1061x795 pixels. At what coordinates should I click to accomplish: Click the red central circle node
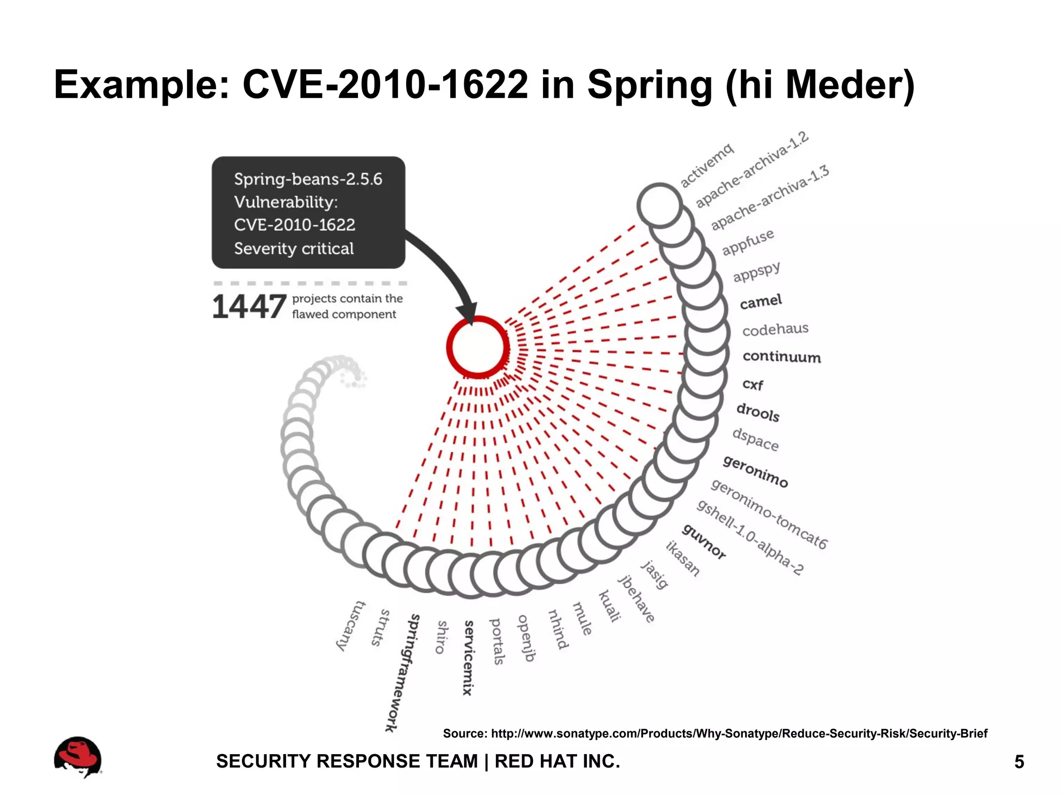(x=478, y=346)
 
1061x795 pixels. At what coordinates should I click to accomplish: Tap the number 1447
(x=249, y=307)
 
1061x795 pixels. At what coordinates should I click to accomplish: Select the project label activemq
(x=707, y=165)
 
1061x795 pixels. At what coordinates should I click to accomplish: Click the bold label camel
(x=761, y=301)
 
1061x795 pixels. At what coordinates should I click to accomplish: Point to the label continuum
(x=781, y=357)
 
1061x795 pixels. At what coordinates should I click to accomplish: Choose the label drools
(x=758, y=412)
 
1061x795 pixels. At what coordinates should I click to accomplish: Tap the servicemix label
(x=468, y=658)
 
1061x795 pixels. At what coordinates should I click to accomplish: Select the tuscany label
(x=351, y=626)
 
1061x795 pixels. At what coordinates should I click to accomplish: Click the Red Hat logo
(x=78, y=757)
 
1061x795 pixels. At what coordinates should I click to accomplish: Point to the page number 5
(x=1019, y=762)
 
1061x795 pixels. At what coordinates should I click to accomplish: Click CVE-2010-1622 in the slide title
(x=385, y=84)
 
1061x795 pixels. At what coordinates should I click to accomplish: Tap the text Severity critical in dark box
(x=294, y=249)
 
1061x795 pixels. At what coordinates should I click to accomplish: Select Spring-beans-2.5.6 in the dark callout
(x=308, y=179)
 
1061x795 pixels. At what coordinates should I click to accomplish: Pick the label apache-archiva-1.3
(x=770, y=198)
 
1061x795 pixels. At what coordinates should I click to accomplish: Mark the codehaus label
(x=775, y=329)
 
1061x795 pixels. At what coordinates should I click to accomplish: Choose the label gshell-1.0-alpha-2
(x=750, y=538)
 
